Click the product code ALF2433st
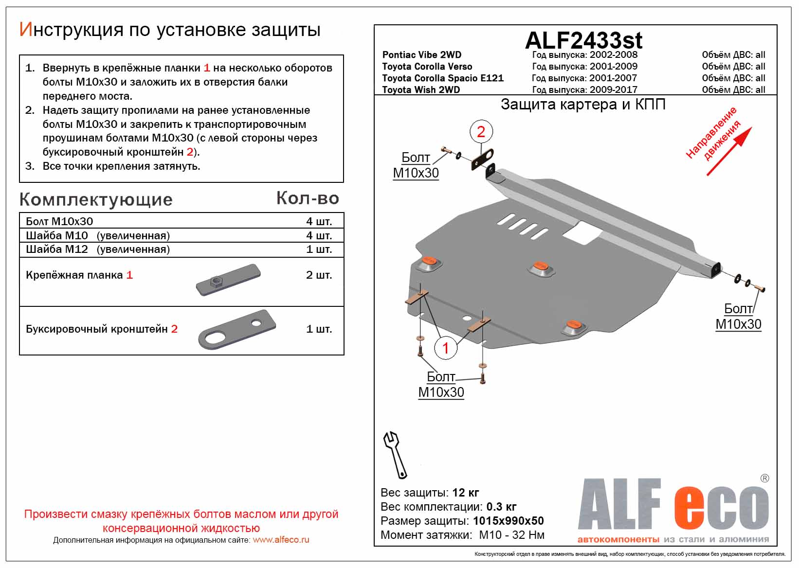point(583,40)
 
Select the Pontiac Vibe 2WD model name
point(421,55)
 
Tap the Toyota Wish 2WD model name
point(420,90)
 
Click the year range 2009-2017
point(613,90)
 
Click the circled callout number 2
point(481,132)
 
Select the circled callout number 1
point(445,347)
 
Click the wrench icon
point(395,454)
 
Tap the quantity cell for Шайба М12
point(319,249)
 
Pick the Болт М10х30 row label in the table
point(59,222)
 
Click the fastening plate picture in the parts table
point(228,280)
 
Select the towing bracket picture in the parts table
point(237,329)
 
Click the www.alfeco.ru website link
point(281,540)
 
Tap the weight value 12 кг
point(465,493)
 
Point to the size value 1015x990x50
point(508,521)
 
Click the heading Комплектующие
point(96,200)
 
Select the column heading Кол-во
point(307,198)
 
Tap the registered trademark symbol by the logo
point(764,479)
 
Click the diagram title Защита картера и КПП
point(583,105)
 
